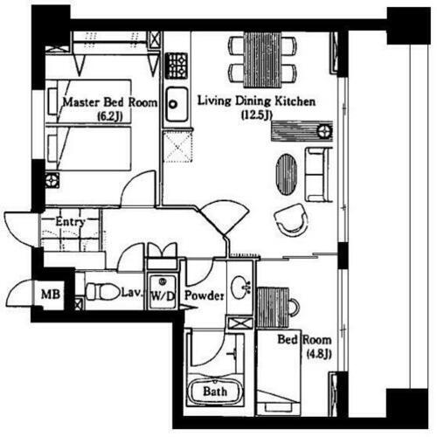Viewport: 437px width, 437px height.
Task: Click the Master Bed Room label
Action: pos(110,102)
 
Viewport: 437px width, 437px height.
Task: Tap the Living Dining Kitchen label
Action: pos(256,101)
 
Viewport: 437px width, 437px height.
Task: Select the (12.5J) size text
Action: pos(257,115)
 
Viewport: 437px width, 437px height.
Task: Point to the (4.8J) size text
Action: pos(319,354)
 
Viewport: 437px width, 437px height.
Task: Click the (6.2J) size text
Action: pos(109,116)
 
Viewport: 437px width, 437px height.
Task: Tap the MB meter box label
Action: pos(51,295)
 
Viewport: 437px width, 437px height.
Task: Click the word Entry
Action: pos(70,222)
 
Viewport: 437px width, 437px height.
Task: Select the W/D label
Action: pos(163,296)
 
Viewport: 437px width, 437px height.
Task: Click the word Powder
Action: pos(205,295)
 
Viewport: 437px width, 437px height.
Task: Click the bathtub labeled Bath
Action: pos(215,392)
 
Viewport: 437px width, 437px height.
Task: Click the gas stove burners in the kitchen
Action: pos(177,66)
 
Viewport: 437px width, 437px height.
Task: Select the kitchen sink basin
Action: pos(177,104)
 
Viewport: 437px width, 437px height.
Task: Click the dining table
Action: pos(263,59)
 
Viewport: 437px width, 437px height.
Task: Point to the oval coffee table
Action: pos(287,174)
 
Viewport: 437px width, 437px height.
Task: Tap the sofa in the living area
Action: pos(319,174)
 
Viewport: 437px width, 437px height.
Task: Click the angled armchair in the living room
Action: pos(291,219)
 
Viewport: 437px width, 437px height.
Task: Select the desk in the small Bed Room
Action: pos(273,308)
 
